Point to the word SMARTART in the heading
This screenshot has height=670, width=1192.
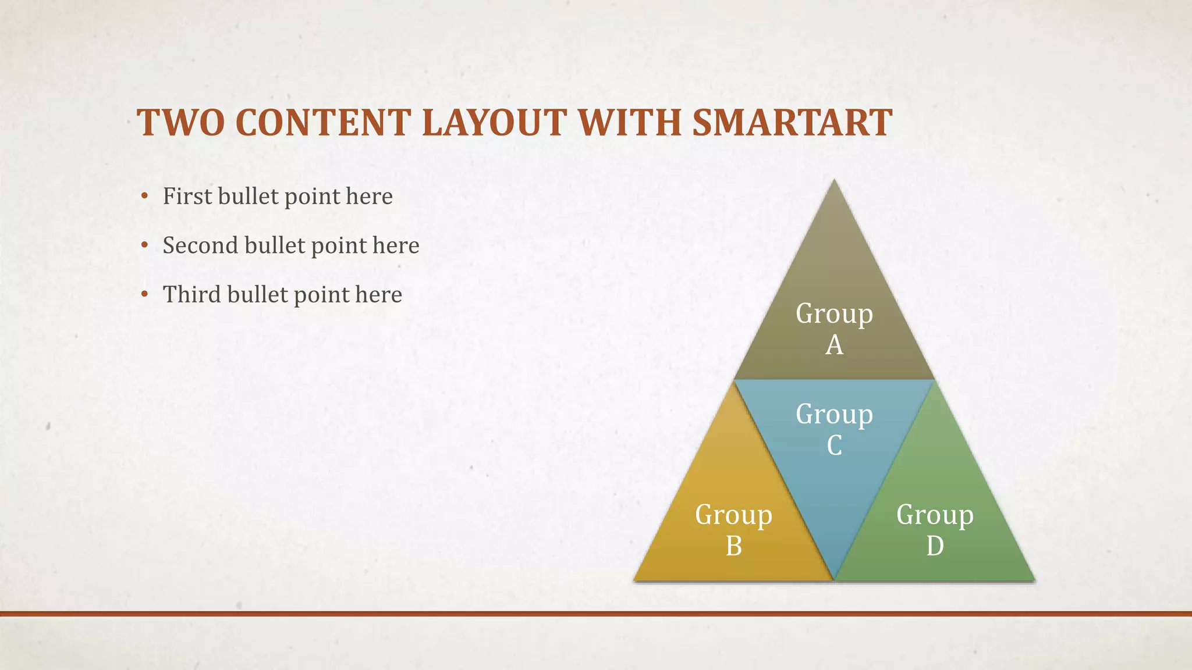(x=792, y=123)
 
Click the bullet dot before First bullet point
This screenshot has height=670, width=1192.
(x=144, y=196)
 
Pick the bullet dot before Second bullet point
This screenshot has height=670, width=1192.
(x=144, y=245)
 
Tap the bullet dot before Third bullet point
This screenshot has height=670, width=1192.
(x=144, y=294)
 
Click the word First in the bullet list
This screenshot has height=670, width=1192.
(x=187, y=196)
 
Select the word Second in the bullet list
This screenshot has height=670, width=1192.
(x=200, y=245)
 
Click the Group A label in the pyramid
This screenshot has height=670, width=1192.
(x=834, y=329)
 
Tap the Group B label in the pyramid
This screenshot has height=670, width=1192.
(x=733, y=530)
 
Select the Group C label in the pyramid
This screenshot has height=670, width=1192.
(x=834, y=429)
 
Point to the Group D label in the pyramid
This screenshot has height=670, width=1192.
(x=935, y=530)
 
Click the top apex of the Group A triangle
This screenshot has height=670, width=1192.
(x=834, y=182)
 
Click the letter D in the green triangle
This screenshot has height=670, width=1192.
(x=935, y=546)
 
